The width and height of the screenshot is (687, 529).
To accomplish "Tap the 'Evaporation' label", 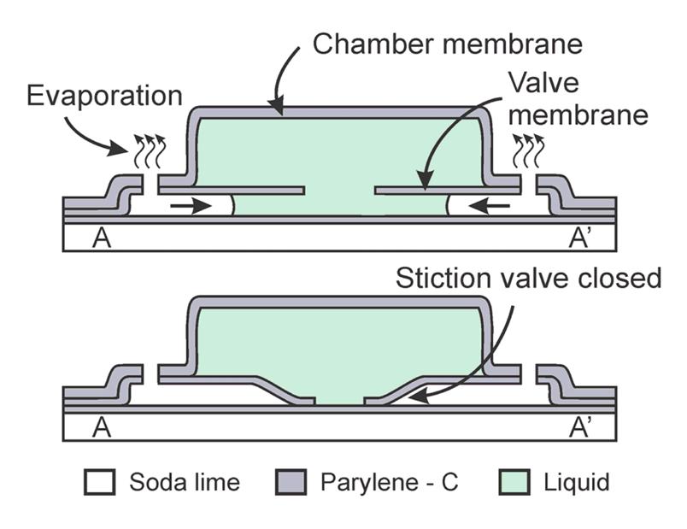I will coord(103,94).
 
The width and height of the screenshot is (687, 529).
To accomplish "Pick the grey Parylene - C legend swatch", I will coord(291,482).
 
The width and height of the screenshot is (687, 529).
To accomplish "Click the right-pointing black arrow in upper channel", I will coord(191,206).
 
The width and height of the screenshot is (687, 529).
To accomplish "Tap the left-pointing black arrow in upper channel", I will coord(492,206).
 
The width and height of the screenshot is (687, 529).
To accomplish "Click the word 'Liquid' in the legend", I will coord(577,482).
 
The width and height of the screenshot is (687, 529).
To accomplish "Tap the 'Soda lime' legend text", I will coord(184,482).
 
